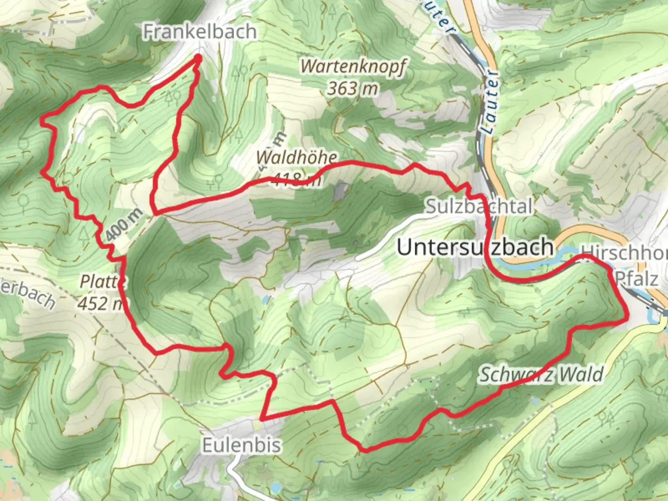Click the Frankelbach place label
pos(199,32)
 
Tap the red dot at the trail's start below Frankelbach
pos(198,58)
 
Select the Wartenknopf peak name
pos(353,66)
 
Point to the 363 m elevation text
pos(353,88)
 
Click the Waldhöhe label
pos(297,157)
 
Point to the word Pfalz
pos(636,279)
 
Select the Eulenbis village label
pos(242,445)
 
